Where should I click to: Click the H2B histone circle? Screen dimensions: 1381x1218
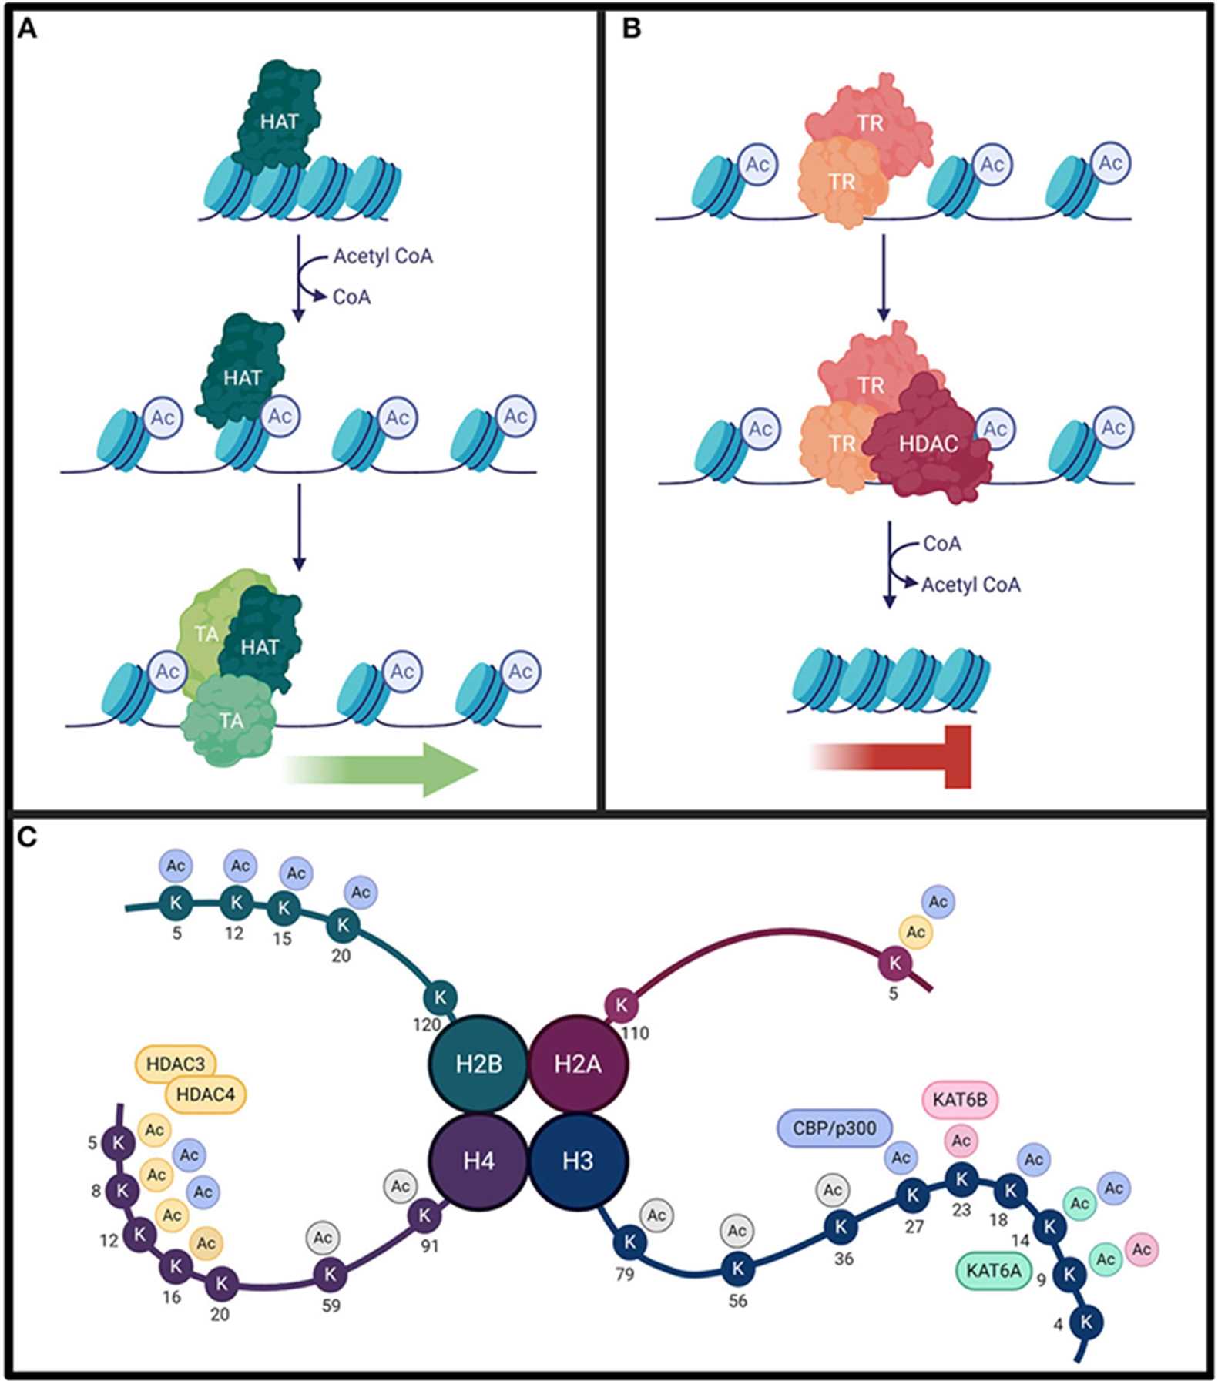pyautogui.click(x=478, y=1064)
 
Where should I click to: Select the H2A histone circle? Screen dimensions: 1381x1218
pyautogui.click(x=579, y=1064)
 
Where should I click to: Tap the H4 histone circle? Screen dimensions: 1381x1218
pyautogui.click(x=478, y=1161)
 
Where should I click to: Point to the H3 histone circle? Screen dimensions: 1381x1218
pyautogui.click(x=579, y=1161)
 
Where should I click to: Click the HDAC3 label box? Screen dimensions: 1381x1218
pyautogui.click(x=176, y=1064)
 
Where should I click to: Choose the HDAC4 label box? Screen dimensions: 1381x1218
pyautogui.click(x=206, y=1094)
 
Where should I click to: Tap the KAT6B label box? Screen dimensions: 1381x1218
pyautogui.click(x=960, y=1100)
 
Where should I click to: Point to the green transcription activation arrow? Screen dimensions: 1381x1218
pyautogui.click(x=385, y=769)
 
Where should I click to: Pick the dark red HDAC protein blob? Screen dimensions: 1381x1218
pyautogui.click(x=928, y=444)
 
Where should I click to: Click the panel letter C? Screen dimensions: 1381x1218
pyautogui.click(x=28, y=836)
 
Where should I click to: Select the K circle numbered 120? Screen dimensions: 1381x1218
pyautogui.click(x=441, y=997)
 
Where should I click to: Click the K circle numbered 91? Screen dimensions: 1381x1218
pyautogui.click(x=424, y=1215)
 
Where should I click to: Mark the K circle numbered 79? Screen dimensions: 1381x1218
pyautogui.click(x=630, y=1241)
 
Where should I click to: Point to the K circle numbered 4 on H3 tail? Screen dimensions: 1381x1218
pyautogui.click(x=1087, y=1322)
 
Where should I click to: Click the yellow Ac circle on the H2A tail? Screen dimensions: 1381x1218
pyautogui.click(x=915, y=932)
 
